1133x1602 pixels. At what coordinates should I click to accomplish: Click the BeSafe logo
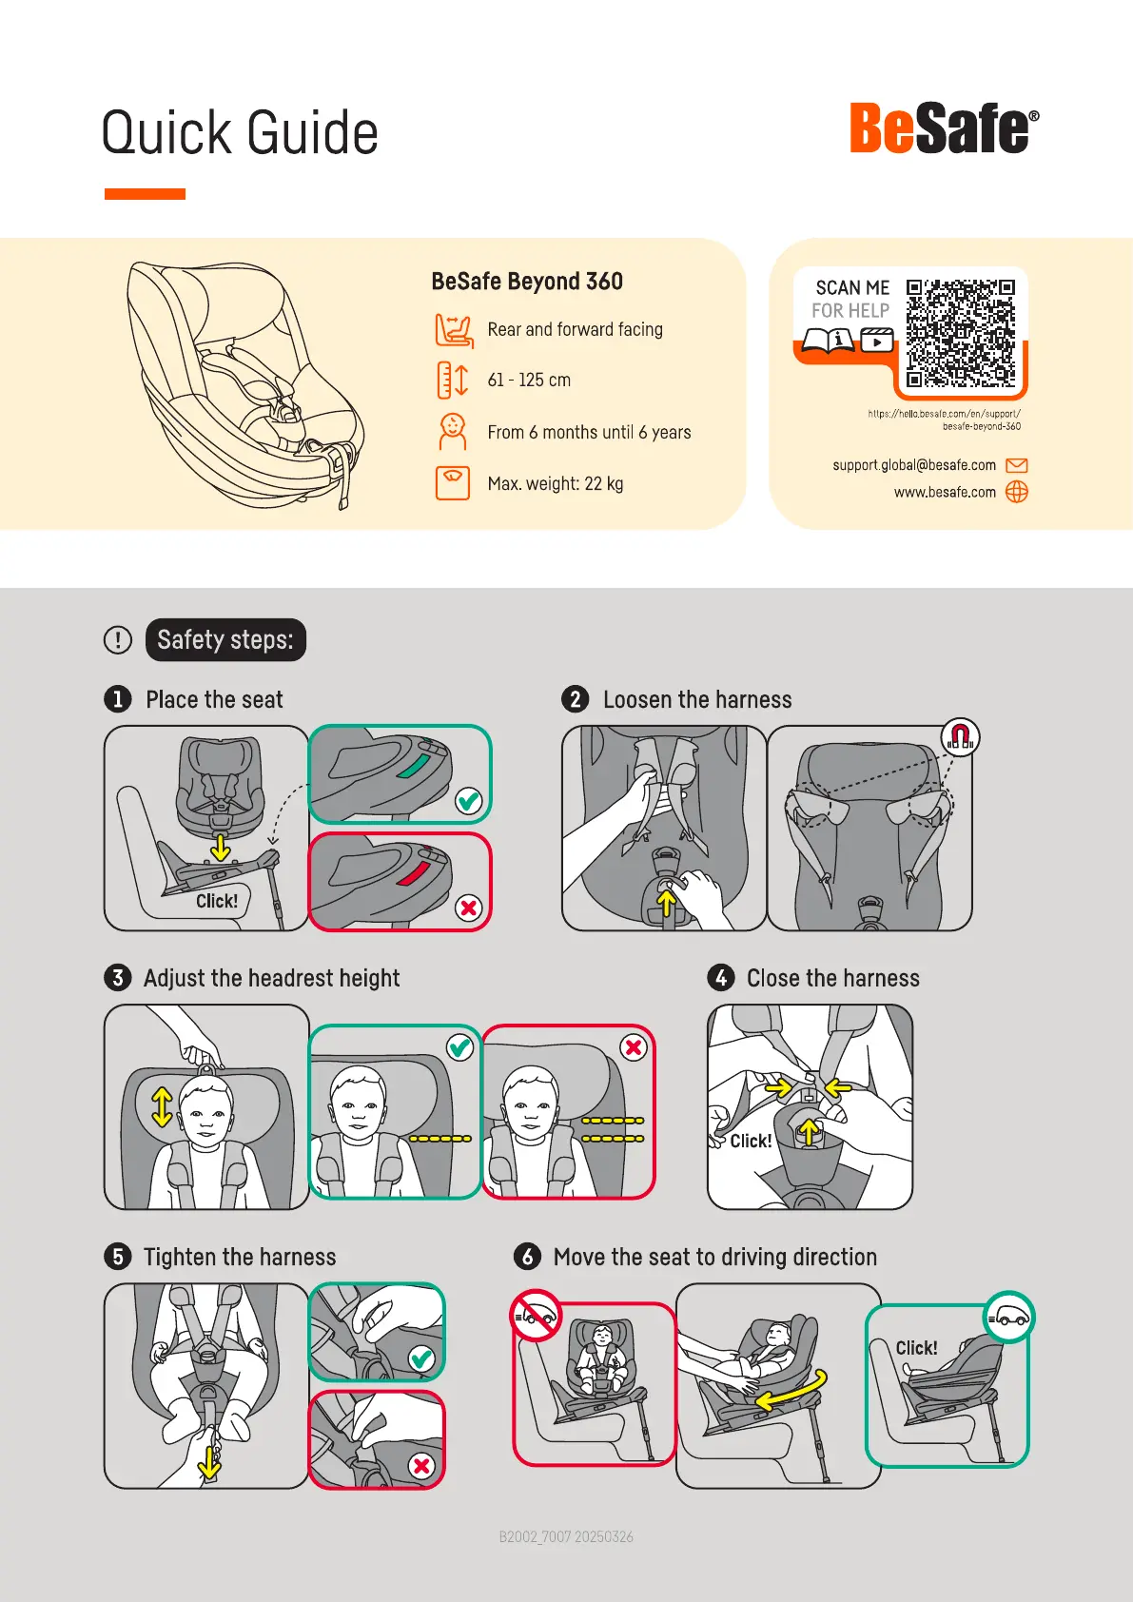tap(944, 128)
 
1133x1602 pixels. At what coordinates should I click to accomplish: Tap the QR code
tap(961, 333)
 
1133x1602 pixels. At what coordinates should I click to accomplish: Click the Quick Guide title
tap(240, 133)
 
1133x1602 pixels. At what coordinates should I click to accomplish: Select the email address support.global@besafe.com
tap(914, 465)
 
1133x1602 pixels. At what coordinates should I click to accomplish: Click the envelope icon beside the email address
tap(1016, 465)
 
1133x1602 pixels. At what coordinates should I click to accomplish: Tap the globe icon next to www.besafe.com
tap(1016, 492)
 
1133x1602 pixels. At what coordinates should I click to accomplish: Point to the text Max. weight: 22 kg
tap(555, 484)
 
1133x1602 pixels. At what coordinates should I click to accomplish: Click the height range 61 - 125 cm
tap(529, 380)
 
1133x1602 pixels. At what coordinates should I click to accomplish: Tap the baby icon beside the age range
tap(452, 431)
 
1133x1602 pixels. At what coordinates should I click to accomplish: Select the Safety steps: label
tap(225, 639)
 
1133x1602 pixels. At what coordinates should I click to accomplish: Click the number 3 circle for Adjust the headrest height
tap(118, 978)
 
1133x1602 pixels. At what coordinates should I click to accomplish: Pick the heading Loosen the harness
tap(697, 699)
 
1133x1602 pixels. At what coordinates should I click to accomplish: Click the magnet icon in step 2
tap(960, 736)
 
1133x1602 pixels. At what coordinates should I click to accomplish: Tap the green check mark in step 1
tap(468, 801)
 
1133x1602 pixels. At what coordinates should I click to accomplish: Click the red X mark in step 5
tap(421, 1467)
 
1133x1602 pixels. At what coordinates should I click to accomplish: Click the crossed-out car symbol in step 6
tap(536, 1316)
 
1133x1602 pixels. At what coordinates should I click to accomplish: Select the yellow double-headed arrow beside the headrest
tap(162, 1107)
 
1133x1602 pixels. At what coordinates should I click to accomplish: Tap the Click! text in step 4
tap(751, 1141)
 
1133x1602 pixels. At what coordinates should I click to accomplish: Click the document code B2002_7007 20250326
tap(566, 1537)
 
